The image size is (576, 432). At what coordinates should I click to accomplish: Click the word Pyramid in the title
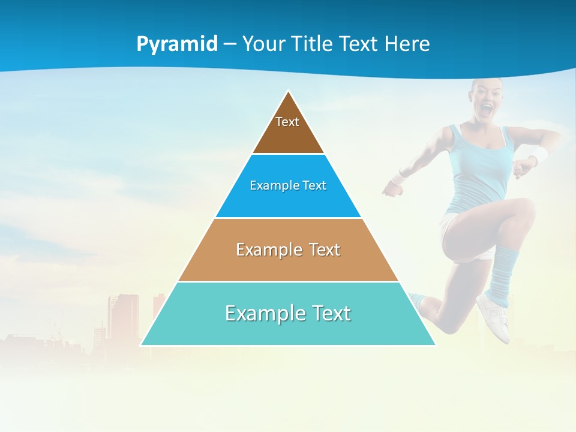tap(177, 44)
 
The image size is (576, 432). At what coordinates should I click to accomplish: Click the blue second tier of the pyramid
tap(288, 201)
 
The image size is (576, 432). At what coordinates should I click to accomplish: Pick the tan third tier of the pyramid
tap(288, 264)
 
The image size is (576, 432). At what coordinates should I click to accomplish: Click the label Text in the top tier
tap(287, 122)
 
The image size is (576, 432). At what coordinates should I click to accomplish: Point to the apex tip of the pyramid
tap(289, 92)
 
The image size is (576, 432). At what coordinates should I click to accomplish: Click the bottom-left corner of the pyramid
tap(142, 344)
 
